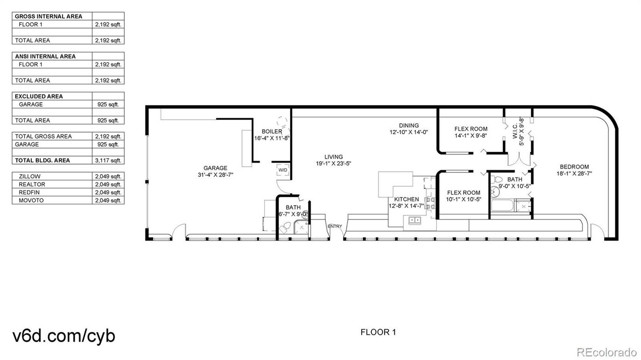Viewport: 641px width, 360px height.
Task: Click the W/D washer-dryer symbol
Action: pyautogui.click(x=283, y=170)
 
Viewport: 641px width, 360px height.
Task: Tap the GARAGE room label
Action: pyautogui.click(x=215, y=168)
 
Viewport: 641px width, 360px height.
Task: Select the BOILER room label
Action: pyautogui.click(x=272, y=132)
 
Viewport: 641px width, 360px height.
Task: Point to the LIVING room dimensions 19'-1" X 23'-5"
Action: pyautogui.click(x=334, y=164)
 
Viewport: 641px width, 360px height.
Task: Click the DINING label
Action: pyautogui.click(x=409, y=126)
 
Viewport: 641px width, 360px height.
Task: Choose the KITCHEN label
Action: pyautogui.click(x=406, y=199)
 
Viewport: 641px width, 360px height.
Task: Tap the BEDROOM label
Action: pyautogui.click(x=574, y=167)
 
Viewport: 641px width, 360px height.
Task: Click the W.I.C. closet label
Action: pyautogui.click(x=515, y=131)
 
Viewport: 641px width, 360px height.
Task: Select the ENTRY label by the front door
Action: pyautogui.click(x=335, y=226)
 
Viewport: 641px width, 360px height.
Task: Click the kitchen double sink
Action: pyautogui.click(x=414, y=220)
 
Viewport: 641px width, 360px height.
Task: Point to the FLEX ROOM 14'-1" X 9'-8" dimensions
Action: pyautogui.click(x=471, y=136)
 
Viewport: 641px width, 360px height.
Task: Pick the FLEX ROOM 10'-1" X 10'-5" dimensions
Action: pyautogui.click(x=463, y=199)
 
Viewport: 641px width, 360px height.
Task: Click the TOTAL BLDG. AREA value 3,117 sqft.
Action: pyautogui.click(x=108, y=161)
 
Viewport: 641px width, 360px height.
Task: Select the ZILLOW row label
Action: pyautogui.click(x=29, y=176)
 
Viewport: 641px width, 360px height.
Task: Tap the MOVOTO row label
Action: pyautogui.click(x=31, y=200)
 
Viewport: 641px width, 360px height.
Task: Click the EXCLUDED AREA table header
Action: pyautogui.click(x=39, y=96)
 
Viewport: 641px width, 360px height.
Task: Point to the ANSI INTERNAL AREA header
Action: pyautogui.click(x=45, y=56)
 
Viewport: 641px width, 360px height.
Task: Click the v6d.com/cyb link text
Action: pyautogui.click(x=64, y=336)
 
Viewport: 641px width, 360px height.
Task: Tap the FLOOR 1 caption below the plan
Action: pyautogui.click(x=378, y=332)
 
